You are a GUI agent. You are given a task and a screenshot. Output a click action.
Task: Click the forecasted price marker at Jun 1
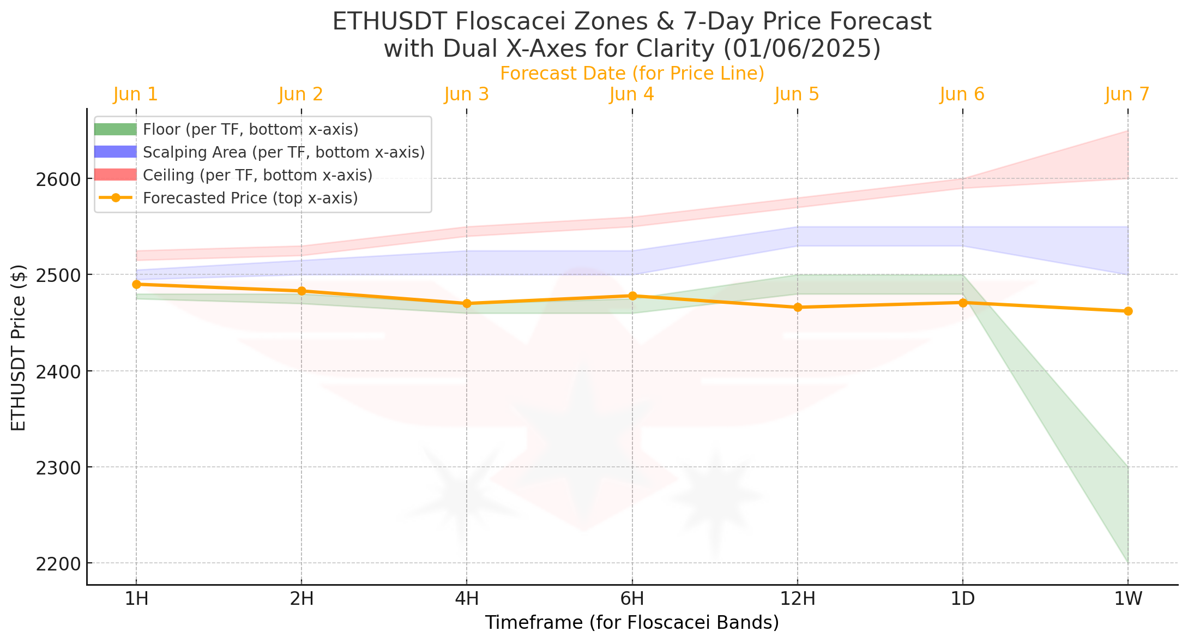coord(136,284)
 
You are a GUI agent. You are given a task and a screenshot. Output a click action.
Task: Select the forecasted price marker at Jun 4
coord(632,296)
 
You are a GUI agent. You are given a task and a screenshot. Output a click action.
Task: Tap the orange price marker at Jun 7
coord(1128,311)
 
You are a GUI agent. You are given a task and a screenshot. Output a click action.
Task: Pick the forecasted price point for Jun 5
coord(798,307)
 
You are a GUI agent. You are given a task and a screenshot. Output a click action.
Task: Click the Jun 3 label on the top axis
coord(467,94)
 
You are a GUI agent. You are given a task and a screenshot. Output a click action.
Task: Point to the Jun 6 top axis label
coord(962,94)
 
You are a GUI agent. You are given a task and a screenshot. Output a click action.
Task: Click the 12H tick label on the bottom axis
coord(798,599)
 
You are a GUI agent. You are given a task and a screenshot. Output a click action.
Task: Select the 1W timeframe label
coord(1128,599)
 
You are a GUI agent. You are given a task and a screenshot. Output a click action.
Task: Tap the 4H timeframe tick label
coord(467,599)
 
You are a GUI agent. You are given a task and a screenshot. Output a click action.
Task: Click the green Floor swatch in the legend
coord(115,129)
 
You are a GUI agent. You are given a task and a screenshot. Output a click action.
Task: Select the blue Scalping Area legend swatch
coord(115,152)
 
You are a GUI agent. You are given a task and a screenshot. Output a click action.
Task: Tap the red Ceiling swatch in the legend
coord(115,175)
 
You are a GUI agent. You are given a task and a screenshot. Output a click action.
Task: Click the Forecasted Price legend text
coord(250,198)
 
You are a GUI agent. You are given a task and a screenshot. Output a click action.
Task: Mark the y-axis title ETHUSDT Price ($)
coord(19,347)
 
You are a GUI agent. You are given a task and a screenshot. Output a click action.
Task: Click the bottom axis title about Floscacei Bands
coord(632,622)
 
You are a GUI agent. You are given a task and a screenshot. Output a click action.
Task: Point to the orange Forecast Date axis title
coord(632,73)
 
